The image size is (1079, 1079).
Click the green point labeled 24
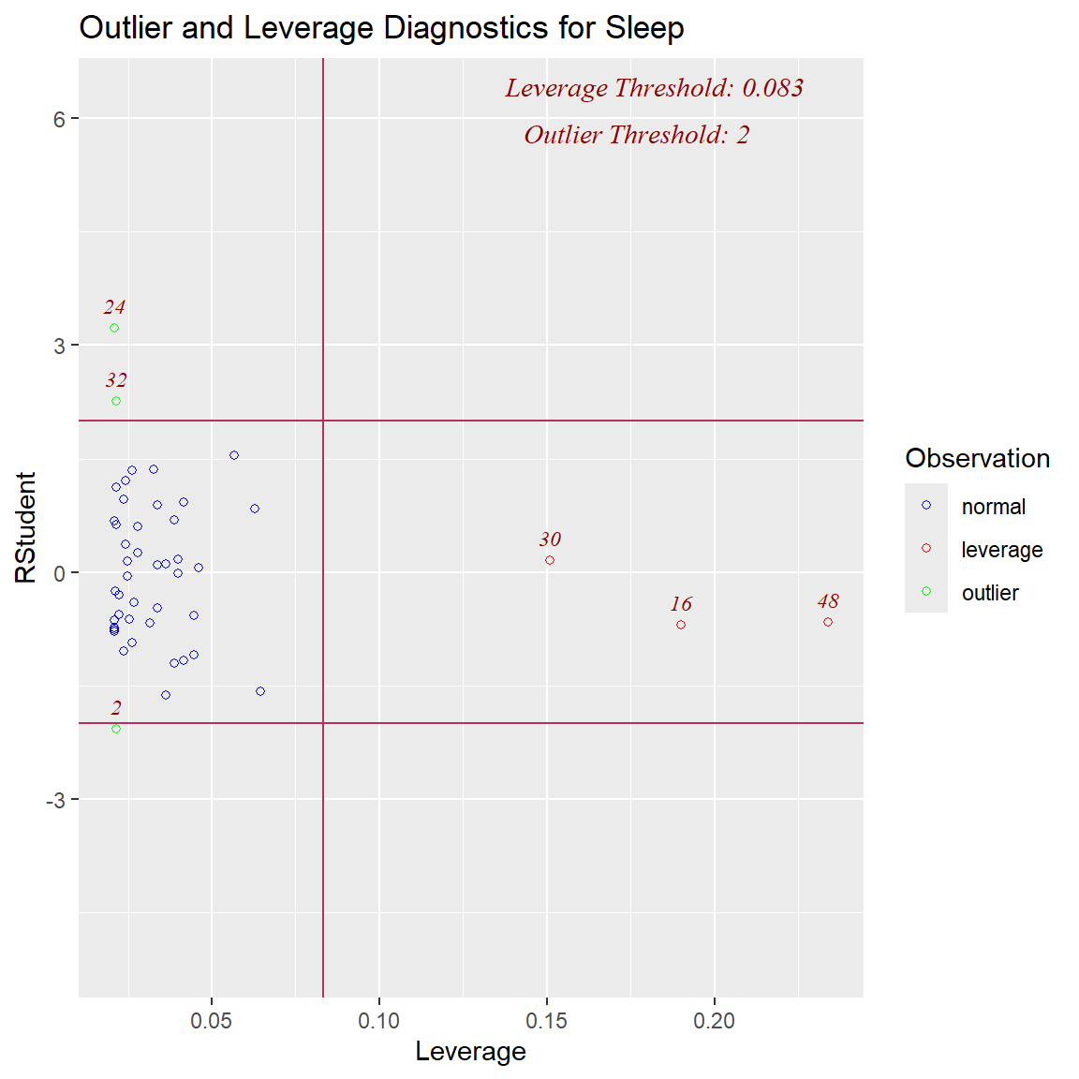pyautogui.click(x=114, y=328)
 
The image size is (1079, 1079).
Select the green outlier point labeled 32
pyautogui.click(x=116, y=401)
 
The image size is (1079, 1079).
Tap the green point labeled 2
pyautogui.click(x=116, y=729)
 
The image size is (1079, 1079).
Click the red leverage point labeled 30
pyautogui.click(x=550, y=560)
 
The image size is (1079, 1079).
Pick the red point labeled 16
pyautogui.click(x=681, y=625)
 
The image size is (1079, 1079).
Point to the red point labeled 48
pyautogui.click(x=828, y=622)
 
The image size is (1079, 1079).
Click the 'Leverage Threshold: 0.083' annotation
pyautogui.click(x=654, y=88)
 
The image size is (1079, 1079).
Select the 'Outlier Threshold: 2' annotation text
pyautogui.click(x=636, y=135)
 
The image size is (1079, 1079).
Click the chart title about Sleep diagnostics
pyautogui.click(x=381, y=28)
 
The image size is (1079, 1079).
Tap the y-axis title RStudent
pyautogui.click(x=26, y=527)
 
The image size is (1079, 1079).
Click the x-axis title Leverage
pyautogui.click(x=470, y=1052)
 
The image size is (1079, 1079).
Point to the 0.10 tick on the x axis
pyautogui.click(x=379, y=1021)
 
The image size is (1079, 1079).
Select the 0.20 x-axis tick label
pyautogui.click(x=715, y=1021)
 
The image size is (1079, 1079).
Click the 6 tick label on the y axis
pyautogui.click(x=60, y=118)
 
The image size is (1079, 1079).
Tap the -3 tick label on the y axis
pyautogui.click(x=55, y=800)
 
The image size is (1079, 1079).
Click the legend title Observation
pyautogui.click(x=977, y=458)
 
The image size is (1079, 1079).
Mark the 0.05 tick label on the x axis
pyautogui.click(x=212, y=1021)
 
